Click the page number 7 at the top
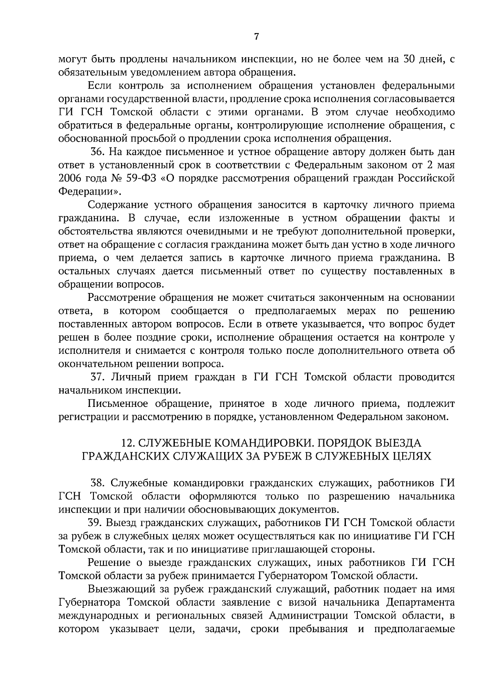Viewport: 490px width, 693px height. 256,37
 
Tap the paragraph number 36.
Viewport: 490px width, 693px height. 98,152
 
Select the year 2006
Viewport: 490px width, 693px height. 70,178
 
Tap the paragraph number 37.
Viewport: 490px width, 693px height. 98,377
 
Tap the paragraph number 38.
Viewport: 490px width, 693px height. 98,483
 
